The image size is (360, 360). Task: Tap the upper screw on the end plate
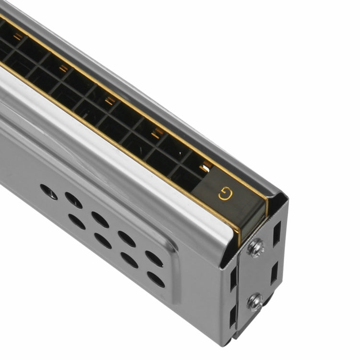(255, 248)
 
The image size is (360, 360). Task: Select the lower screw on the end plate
(255, 302)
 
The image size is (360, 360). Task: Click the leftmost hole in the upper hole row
(48, 192)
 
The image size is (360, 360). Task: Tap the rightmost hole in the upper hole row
(154, 259)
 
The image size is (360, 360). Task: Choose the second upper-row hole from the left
(73, 200)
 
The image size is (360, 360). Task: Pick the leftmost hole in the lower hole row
(77, 221)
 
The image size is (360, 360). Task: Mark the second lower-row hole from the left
(103, 240)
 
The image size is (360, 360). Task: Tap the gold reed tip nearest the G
(207, 167)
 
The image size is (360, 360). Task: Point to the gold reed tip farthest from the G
(19, 36)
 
